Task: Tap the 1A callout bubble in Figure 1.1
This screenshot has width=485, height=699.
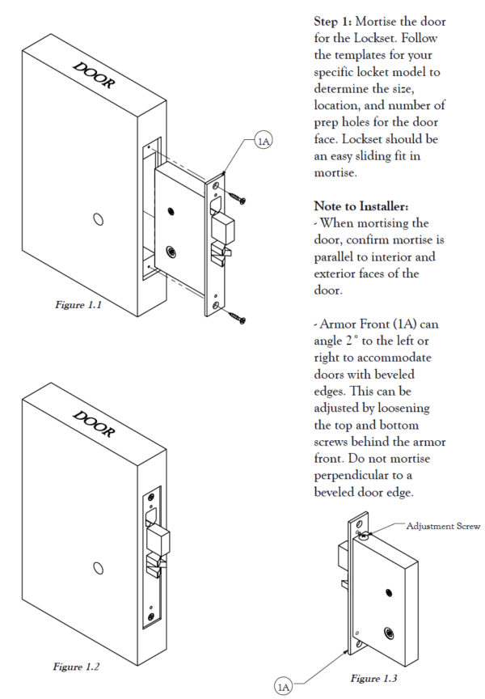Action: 264,141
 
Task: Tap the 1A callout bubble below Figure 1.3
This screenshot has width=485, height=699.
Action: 284,687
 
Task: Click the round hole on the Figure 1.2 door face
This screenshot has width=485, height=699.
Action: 99,569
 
